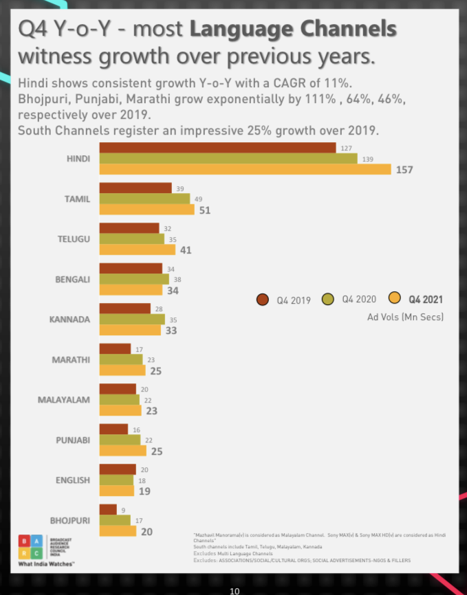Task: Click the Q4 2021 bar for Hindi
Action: coord(245,169)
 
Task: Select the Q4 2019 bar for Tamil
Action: coord(135,188)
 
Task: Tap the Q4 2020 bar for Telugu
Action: coord(132,239)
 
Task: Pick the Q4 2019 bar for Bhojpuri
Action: coord(108,509)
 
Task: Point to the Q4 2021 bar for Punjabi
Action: coord(123,451)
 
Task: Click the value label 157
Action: coord(404,170)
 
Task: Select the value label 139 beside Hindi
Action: coord(367,159)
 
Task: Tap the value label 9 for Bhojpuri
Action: coord(122,509)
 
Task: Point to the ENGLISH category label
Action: coord(73,480)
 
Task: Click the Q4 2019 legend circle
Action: coord(262,299)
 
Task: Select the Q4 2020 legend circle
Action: coord(328,299)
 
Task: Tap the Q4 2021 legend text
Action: coord(426,299)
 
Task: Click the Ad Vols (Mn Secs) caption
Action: coord(405,317)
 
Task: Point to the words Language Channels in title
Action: coord(293,29)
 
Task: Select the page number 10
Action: coord(235,590)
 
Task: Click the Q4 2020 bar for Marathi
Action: coord(121,359)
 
